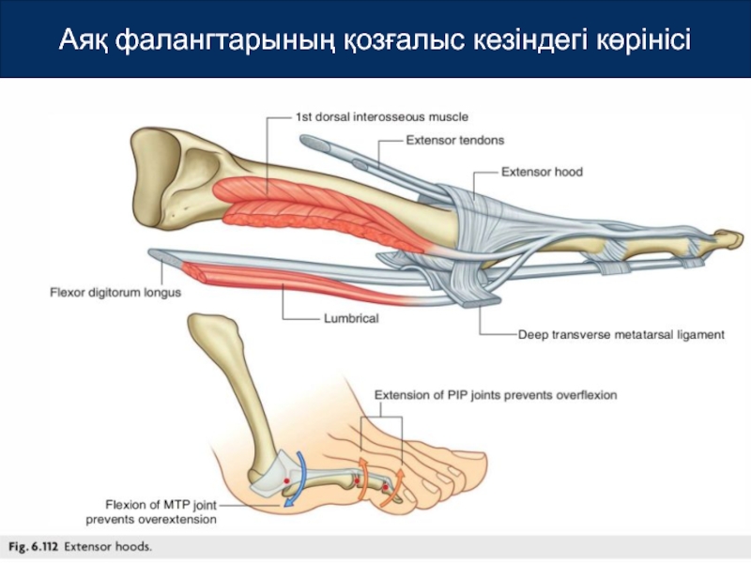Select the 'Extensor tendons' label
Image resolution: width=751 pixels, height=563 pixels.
[x=454, y=140]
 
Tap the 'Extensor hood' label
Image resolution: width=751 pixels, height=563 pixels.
[x=542, y=172]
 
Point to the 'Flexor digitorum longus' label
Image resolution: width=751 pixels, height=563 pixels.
[x=115, y=292]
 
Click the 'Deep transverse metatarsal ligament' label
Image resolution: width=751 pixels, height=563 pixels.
[x=621, y=334]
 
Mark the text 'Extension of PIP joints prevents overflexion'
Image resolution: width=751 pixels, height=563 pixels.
[x=496, y=395]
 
